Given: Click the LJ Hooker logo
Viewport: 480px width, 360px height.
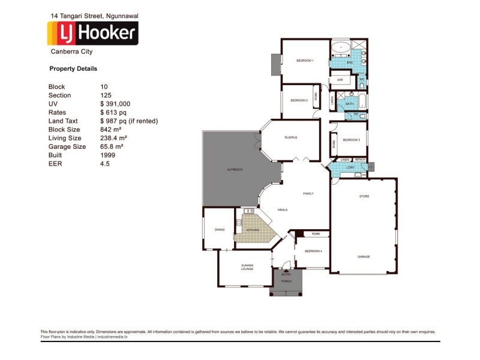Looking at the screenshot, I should (92, 34).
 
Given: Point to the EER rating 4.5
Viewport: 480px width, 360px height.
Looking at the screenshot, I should (106, 163).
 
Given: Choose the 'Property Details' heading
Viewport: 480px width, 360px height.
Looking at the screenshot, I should (73, 69).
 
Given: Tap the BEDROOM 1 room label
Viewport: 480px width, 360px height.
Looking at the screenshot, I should (305, 61).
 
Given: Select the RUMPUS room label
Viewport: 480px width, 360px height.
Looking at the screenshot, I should (291, 137).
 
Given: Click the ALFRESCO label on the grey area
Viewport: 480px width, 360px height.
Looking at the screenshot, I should (234, 170).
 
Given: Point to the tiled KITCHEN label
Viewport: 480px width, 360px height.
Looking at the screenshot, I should (253, 230).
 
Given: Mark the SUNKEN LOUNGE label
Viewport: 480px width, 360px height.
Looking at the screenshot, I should (247, 267).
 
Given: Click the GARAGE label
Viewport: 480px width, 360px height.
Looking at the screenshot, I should (364, 256).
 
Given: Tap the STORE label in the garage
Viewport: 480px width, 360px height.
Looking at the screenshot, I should (364, 196).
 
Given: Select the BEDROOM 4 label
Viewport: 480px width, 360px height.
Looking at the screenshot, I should (313, 251).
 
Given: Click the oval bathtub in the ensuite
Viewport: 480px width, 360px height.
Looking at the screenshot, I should (342, 47).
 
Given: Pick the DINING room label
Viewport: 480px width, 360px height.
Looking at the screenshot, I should (220, 229).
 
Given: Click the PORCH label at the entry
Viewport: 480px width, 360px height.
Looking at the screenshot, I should (286, 281).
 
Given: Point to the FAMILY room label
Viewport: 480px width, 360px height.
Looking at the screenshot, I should (308, 193).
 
